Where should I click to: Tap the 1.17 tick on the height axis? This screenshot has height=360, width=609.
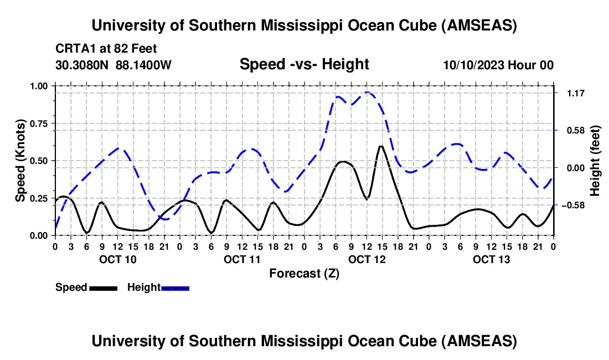570,93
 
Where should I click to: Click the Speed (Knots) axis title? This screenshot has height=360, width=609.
20,161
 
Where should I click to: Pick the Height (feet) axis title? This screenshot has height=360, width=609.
595,161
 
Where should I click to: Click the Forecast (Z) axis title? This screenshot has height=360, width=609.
304,273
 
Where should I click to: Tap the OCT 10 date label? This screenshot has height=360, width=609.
117,259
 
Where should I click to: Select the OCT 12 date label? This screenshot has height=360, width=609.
367,259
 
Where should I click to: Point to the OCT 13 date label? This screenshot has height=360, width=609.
491,259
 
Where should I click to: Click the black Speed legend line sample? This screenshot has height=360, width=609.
103,287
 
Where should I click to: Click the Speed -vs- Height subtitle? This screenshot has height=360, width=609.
304,64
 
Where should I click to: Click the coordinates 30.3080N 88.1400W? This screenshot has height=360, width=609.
113,65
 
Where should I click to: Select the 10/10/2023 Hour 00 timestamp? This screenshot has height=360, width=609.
498,65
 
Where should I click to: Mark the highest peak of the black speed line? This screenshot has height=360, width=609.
381,146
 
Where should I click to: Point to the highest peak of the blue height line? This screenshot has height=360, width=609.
367,92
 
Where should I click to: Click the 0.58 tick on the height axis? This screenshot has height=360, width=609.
570,131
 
